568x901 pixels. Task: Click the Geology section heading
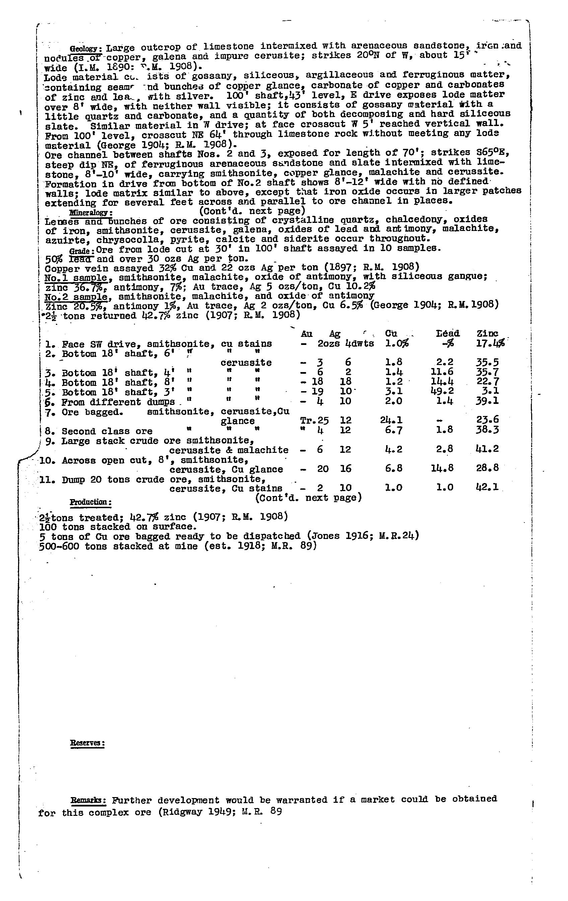[86, 49]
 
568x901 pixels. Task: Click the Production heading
[90, 502]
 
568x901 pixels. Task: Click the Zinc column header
[487, 334]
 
